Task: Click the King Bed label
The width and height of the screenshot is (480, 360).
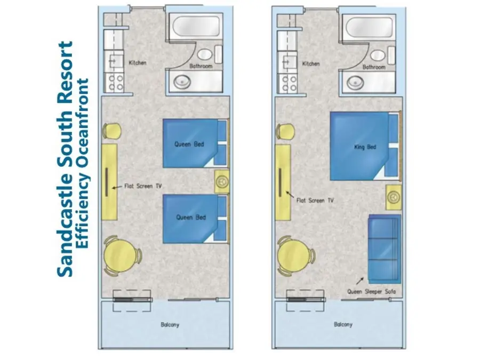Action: tap(365, 147)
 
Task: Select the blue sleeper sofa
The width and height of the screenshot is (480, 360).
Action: tap(383, 250)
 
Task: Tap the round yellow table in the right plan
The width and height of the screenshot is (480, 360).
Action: tap(293, 255)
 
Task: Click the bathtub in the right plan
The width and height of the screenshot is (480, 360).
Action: tap(369, 26)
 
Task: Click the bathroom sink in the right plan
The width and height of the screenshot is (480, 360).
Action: tap(356, 82)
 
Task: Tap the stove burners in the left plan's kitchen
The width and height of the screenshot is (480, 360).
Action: tap(116, 82)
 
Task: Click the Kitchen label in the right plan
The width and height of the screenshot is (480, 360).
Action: tap(311, 63)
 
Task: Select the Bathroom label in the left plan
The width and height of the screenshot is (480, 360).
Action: tap(201, 67)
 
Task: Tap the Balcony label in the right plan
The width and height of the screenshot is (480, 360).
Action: tap(343, 324)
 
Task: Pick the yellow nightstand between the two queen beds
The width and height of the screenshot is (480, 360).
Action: tap(222, 182)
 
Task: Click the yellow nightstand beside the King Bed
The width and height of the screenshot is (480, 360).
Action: tap(393, 197)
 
